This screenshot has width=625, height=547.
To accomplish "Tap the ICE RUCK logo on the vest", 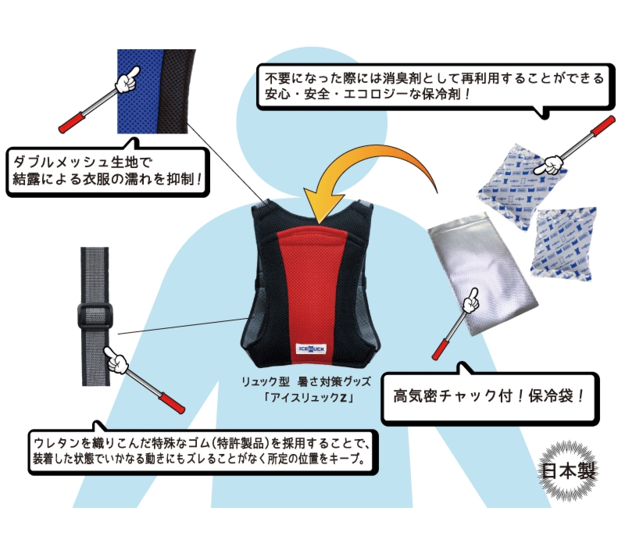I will tap(311, 350).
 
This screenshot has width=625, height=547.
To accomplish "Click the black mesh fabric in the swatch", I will tap(178, 90).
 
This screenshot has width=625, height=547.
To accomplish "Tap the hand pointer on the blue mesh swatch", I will tap(127, 79).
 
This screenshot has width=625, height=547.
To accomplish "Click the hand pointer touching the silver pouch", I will tap(470, 301).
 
